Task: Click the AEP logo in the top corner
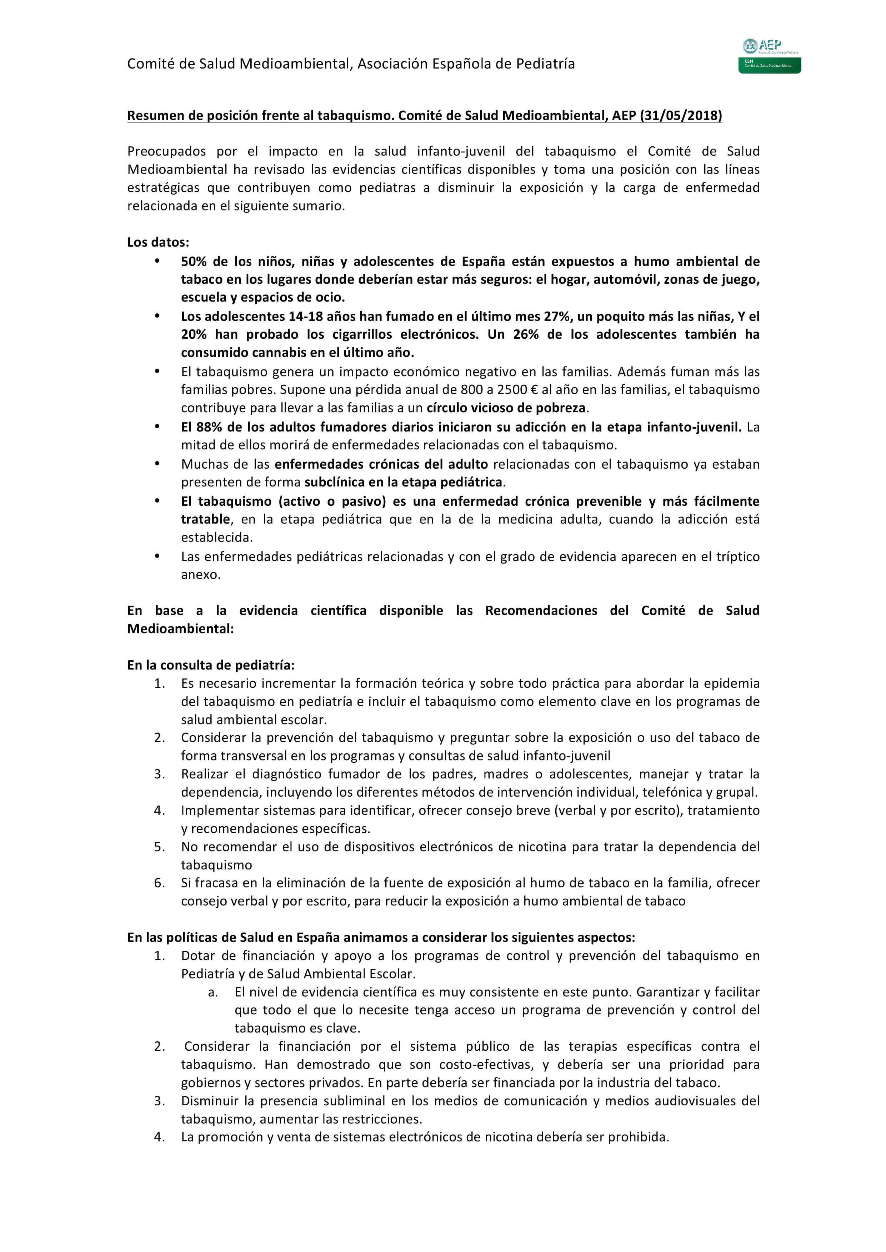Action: tap(769, 56)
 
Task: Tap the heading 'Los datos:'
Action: tap(158, 242)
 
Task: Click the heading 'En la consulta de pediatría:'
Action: tap(211, 665)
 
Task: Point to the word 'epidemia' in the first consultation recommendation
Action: tap(731, 683)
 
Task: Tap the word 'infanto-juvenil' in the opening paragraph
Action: tap(461, 151)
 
